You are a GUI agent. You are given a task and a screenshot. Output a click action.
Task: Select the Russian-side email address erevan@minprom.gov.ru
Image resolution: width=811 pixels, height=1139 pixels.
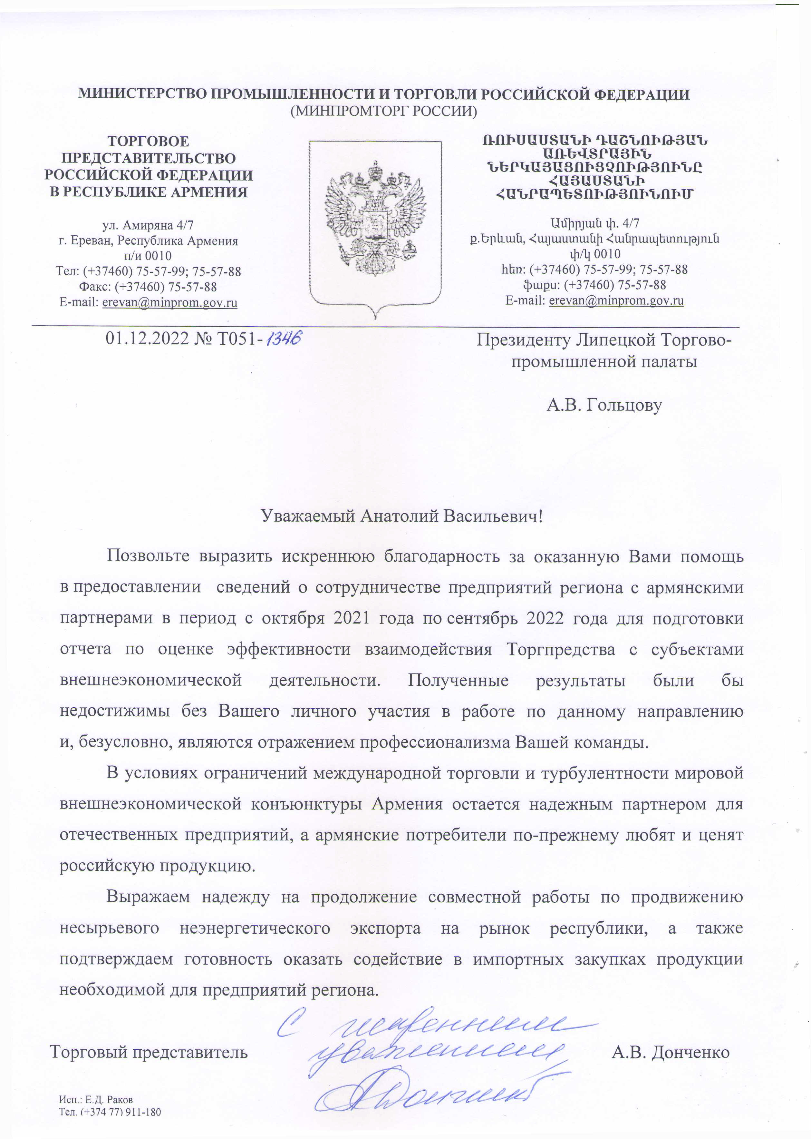point(170,303)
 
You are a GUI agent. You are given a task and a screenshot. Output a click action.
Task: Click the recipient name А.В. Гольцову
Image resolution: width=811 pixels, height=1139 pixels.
point(604,405)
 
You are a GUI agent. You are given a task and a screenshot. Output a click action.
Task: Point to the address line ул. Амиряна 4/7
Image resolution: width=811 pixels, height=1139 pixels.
point(148,225)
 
